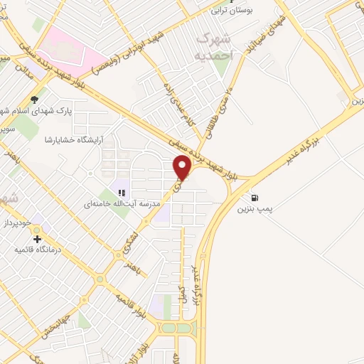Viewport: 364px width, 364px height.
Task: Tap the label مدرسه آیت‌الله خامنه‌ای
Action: pos(122,205)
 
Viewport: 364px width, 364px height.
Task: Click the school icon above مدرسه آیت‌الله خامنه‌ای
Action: pos(122,193)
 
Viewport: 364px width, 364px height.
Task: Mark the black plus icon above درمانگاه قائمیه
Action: pos(37,238)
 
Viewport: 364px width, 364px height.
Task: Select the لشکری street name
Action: pos(127,244)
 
